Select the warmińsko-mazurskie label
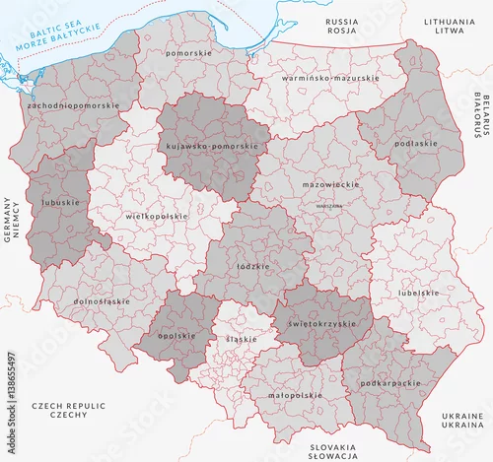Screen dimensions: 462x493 click(329, 77)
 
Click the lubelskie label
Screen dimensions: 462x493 click(418, 293)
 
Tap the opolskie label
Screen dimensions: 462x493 click(176, 336)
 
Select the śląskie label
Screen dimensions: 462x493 click(242, 339)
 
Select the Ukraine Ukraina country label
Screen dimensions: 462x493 click(461, 422)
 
